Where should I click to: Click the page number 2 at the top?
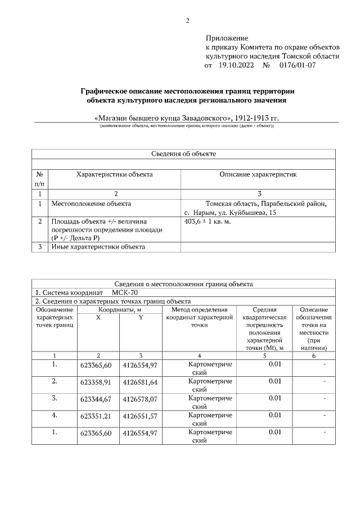(x=188, y=21)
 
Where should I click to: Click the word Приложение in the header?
(x=223, y=38)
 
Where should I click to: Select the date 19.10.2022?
(x=236, y=65)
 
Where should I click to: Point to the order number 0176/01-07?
(x=298, y=65)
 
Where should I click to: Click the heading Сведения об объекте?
(x=183, y=154)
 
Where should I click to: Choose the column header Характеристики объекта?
(x=114, y=174)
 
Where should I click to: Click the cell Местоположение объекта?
(x=91, y=204)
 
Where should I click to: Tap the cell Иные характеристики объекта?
(x=98, y=246)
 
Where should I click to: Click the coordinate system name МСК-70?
(x=124, y=293)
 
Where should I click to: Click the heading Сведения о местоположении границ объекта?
(x=183, y=284)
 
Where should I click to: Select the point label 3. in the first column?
(x=55, y=398)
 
